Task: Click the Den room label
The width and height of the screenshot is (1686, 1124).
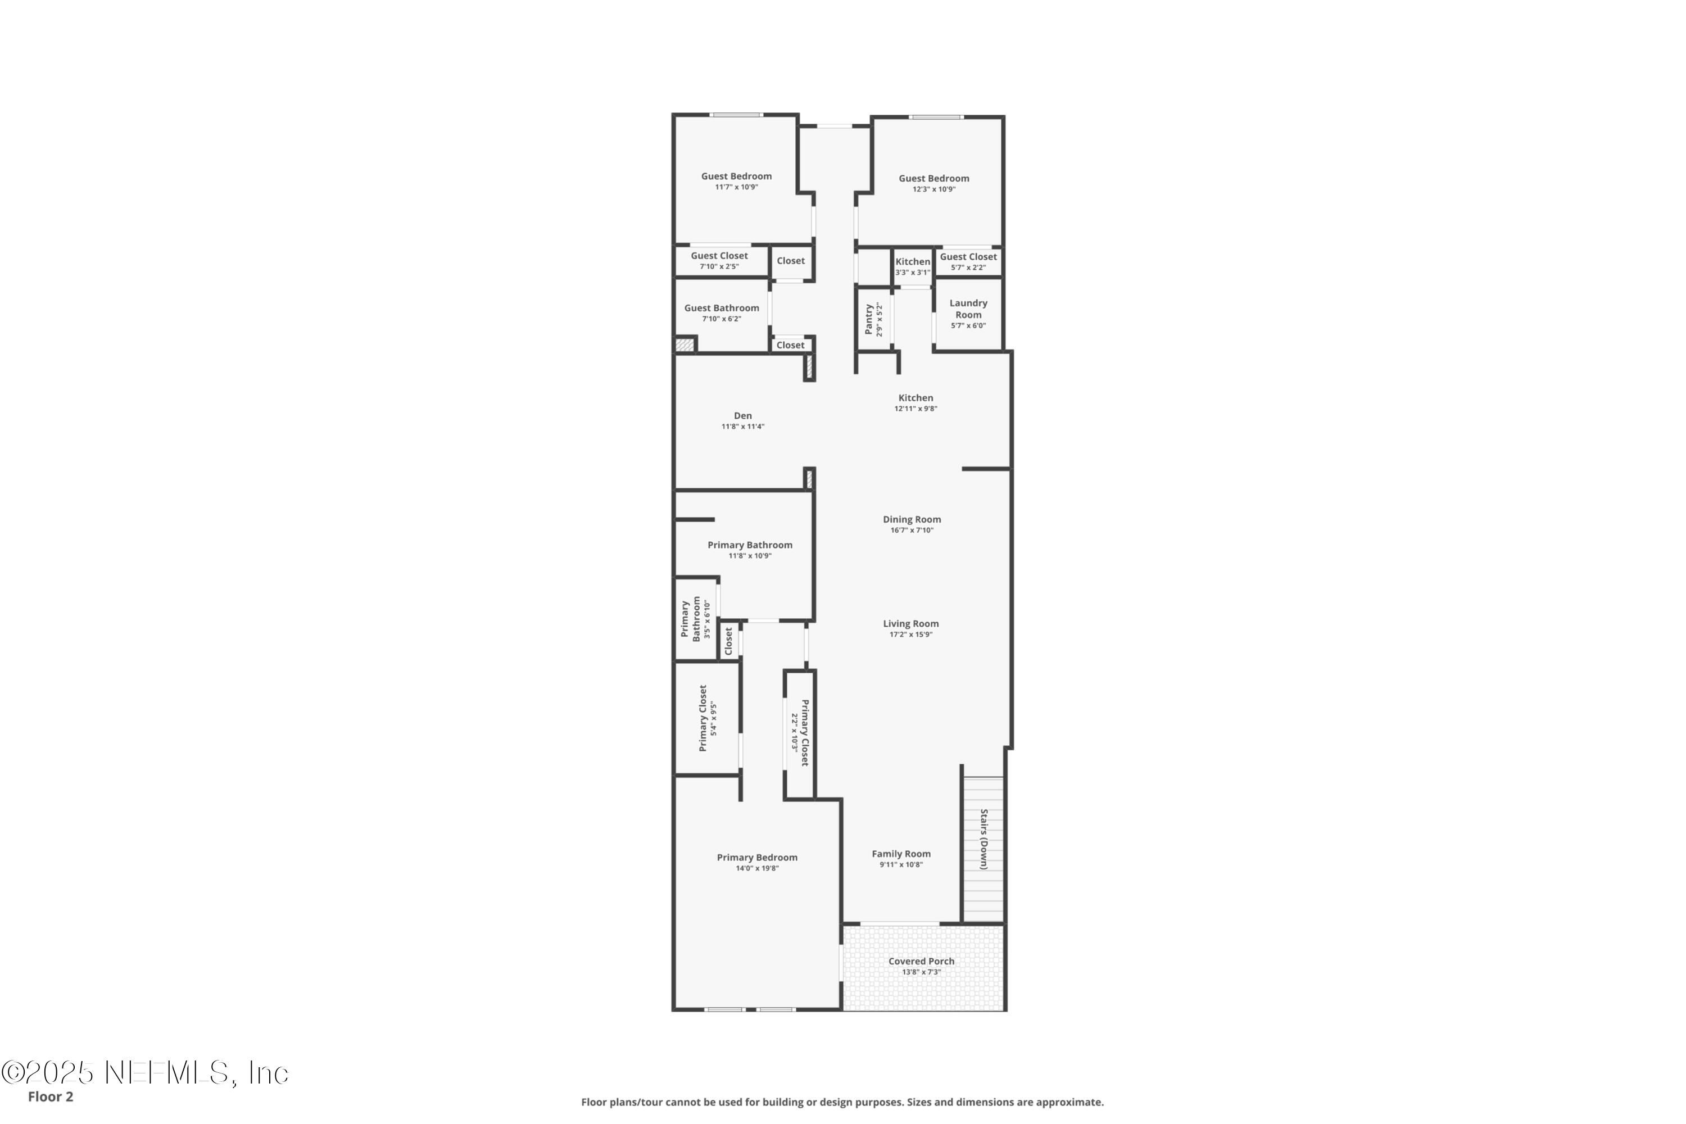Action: pyautogui.click(x=742, y=416)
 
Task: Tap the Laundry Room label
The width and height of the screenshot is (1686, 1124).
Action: pyautogui.click(x=968, y=309)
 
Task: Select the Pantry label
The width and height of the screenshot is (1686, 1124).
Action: pyautogui.click(x=869, y=319)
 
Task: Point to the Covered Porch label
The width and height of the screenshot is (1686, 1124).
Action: pyautogui.click(x=921, y=961)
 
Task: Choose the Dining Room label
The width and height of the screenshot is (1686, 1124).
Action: pyautogui.click(x=912, y=520)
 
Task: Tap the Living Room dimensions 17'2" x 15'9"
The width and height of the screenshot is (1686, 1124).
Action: pyautogui.click(x=911, y=634)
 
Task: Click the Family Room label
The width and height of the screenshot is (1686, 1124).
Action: pyautogui.click(x=901, y=854)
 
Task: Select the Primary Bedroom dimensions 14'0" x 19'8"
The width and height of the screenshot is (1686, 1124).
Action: pyautogui.click(x=757, y=868)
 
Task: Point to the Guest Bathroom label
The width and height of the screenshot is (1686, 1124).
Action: pyautogui.click(x=721, y=308)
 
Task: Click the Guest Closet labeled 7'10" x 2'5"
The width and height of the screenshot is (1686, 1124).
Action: pyautogui.click(x=719, y=256)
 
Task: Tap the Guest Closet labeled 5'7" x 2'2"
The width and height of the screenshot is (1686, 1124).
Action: pyautogui.click(x=968, y=257)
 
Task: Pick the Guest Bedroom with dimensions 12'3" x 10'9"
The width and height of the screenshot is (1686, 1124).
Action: pyautogui.click(x=934, y=179)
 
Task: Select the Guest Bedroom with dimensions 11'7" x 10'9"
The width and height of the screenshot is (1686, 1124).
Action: pyautogui.click(x=736, y=176)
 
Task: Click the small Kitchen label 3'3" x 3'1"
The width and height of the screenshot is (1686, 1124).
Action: pyautogui.click(x=913, y=262)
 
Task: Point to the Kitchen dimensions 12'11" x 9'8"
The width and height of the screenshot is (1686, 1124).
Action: pyautogui.click(x=915, y=409)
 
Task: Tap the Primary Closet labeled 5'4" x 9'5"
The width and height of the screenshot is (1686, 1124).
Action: pyautogui.click(x=703, y=718)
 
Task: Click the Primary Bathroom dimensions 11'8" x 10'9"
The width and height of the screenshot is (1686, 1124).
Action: pyautogui.click(x=750, y=556)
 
